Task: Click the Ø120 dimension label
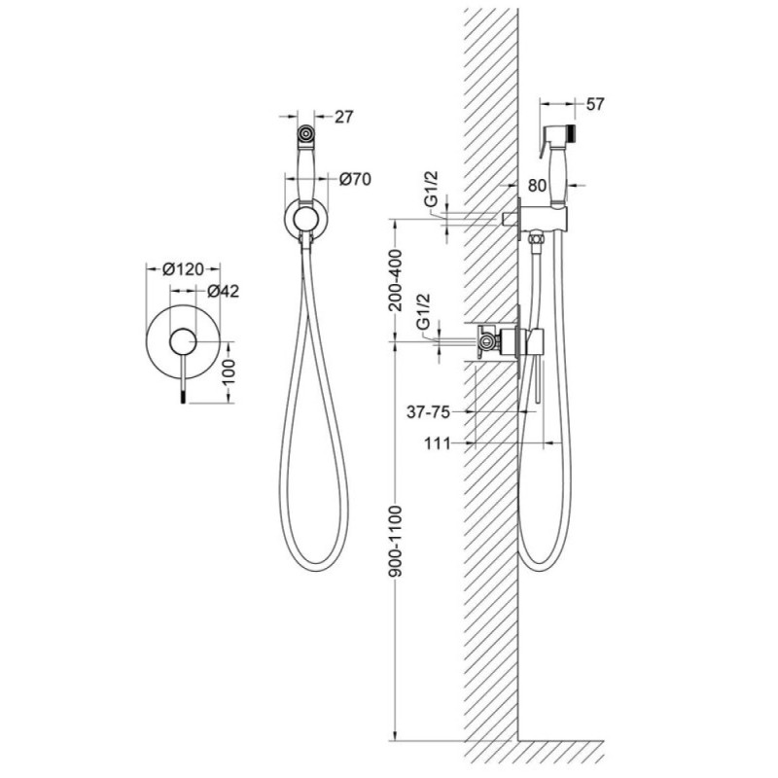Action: tap(183, 269)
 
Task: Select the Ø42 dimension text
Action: tap(224, 291)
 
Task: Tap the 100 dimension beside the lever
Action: tap(229, 371)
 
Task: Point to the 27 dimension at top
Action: tap(344, 117)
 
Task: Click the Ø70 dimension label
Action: tap(355, 179)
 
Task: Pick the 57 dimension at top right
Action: tap(595, 104)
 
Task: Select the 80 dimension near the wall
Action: tap(537, 186)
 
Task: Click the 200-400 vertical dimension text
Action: tap(396, 280)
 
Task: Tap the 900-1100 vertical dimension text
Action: tap(396, 541)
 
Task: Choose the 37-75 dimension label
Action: tap(428, 411)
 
